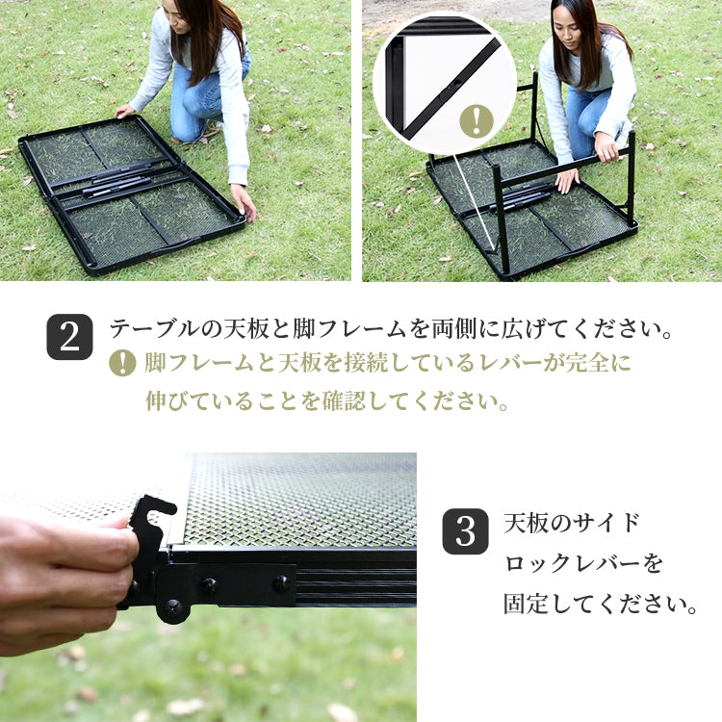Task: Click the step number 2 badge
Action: pyautogui.click(x=69, y=337)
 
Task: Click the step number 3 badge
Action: pyautogui.click(x=465, y=531)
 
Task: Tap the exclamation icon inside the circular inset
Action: pyautogui.click(x=477, y=120)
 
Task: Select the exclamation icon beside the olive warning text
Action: pyautogui.click(x=122, y=363)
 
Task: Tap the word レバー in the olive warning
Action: pyautogui.click(x=509, y=363)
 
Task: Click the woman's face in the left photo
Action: pyautogui.click(x=176, y=17)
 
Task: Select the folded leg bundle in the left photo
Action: pyautogui.click(x=117, y=183)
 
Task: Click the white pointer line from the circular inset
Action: pyautogui.click(x=475, y=202)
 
